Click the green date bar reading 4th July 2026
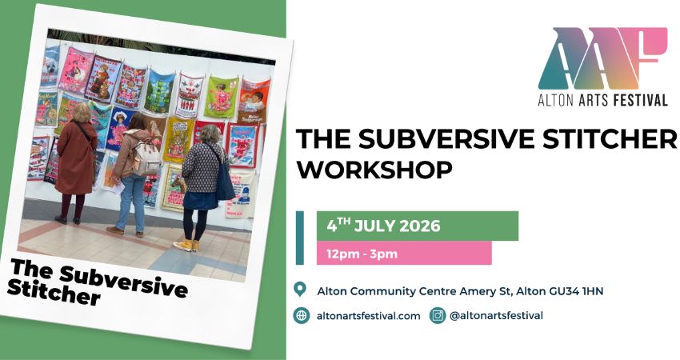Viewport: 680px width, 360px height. tap(417, 226)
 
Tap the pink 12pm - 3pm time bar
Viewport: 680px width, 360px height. tap(404, 254)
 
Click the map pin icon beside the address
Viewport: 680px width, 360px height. tap(301, 290)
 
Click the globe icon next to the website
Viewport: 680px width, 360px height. tap(301, 315)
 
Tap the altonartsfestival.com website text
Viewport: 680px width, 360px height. tap(369, 316)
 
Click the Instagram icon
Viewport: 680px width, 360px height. tap(438, 315)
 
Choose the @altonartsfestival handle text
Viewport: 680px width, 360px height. tap(497, 316)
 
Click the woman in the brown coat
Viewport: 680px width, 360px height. tap(76, 163)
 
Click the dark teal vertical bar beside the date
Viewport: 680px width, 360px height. tap(300, 238)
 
